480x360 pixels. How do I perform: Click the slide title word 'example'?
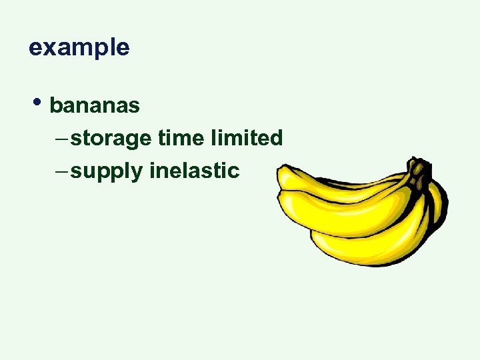(x=79, y=48)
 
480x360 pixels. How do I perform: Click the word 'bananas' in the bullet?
(x=95, y=105)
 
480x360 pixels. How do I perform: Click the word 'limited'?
(x=246, y=138)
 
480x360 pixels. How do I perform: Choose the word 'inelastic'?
(x=194, y=171)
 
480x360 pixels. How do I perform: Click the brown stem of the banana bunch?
(x=419, y=171)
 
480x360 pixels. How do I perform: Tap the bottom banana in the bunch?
(x=373, y=247)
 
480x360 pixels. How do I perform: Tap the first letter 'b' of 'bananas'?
(x=56, y=105)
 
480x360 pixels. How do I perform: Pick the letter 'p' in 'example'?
(x=96, y=49)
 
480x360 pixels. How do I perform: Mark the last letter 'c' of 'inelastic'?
(x=233, y=171)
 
